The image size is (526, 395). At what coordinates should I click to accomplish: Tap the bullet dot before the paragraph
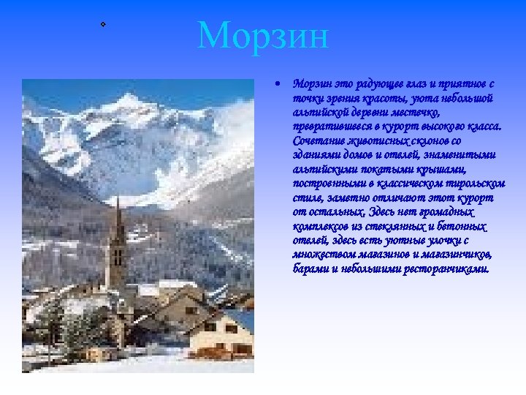tap(278, 84)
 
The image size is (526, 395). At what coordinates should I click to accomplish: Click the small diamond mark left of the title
tap(104, 25)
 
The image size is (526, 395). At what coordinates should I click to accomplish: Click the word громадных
tap(446, 211)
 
